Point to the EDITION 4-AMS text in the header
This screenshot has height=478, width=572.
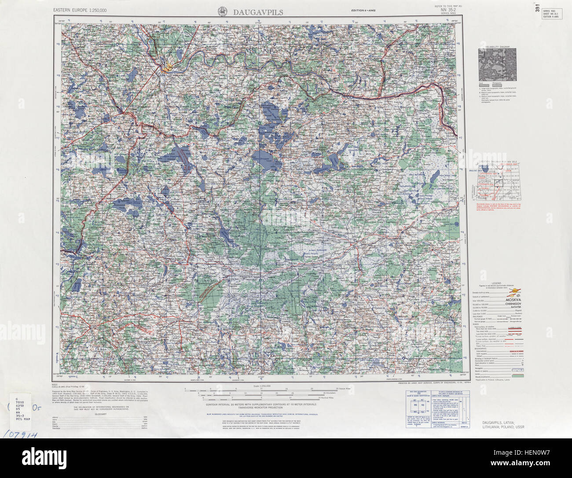(x=363, y=10)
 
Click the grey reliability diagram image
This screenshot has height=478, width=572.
(x=497, y=64)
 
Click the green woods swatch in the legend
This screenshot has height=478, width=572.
(x=515, y=376)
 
